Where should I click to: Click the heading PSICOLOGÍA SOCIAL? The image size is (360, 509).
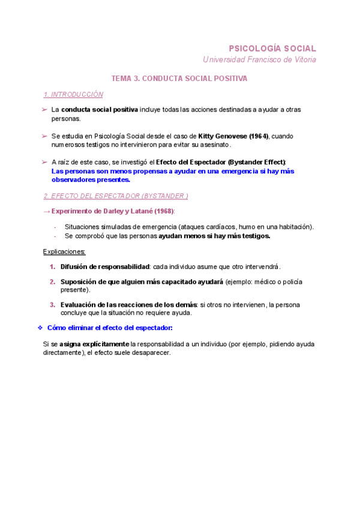[x=272, y=48]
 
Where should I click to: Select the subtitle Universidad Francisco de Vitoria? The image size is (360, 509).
[x=259, y=59]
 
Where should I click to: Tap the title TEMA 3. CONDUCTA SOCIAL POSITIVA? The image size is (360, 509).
[x=179, y=79]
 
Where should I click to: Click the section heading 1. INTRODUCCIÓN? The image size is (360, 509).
[x=73, y=95]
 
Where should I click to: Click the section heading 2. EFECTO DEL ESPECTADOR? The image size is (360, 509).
[x=116, y=196]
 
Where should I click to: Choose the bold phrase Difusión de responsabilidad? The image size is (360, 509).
[x=104, y=267]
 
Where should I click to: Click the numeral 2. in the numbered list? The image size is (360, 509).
[x=53, y=282]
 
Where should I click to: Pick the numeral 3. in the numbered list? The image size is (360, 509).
[x=53, y=305]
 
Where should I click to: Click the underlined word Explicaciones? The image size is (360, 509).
[x=64, y=251]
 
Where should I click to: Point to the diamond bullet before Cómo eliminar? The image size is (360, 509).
[x=39, y=328]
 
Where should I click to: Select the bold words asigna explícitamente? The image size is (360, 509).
[x=94, y=345]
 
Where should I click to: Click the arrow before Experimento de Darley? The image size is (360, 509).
[x=47, y=211]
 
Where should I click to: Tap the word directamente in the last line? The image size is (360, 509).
[x=65, y=353]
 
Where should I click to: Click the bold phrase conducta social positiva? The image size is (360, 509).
[x=100, y=110]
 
